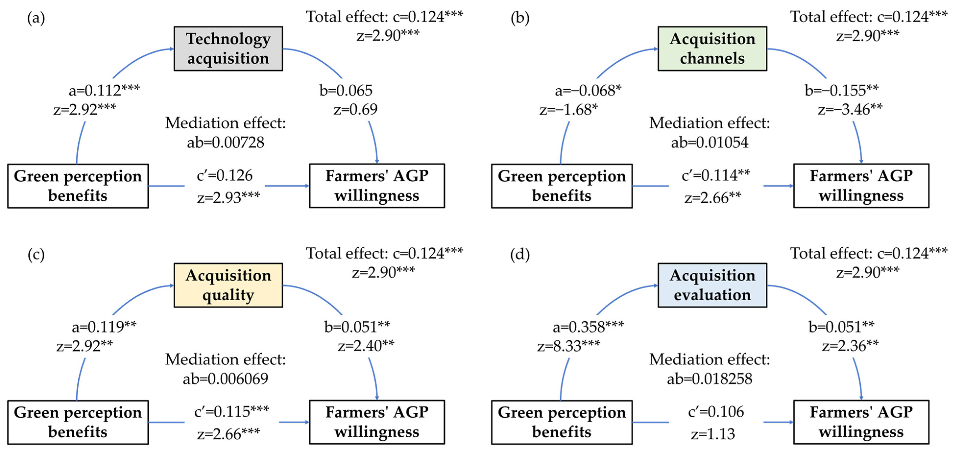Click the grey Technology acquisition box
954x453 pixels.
tap(228, 48)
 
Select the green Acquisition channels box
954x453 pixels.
tap(712, 48)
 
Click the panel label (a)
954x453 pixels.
tap(36, 18)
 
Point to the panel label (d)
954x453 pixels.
tap(520, 255)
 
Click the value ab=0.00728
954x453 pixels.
tap(225, 142)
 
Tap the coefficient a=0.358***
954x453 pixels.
tap(588, 326)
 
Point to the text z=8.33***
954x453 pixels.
tap(569, 346)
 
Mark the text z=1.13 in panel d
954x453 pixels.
tap(713, 434)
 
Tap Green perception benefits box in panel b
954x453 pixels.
tap(561, 186)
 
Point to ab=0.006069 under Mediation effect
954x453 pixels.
tap(225, 379)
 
